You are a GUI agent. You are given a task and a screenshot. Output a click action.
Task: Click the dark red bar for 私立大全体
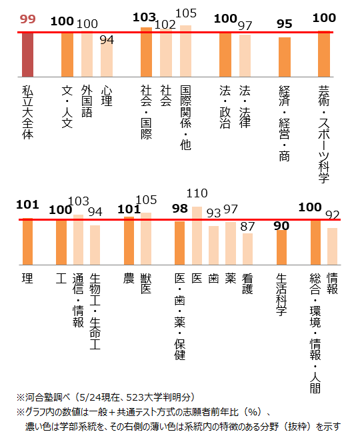[27, 55]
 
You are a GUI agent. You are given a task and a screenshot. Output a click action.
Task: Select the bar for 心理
[107, 59]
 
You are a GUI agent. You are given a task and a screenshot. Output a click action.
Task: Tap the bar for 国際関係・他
[186, 51]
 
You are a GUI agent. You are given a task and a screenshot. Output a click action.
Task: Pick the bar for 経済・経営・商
[285, 57]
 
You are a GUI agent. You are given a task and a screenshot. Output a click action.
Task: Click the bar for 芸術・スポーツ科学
[324, 54]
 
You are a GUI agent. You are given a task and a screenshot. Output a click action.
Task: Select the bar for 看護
[247, 249]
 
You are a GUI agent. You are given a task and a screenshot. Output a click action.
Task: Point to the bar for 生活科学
[282, 247]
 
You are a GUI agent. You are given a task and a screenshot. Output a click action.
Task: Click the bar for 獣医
[146, 239]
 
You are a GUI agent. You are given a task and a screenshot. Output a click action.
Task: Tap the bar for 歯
[213, 245]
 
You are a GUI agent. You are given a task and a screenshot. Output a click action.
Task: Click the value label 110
[197, 193]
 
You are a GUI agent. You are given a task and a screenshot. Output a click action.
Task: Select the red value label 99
[27, 19]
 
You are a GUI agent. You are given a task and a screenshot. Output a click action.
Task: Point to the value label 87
[247, 227]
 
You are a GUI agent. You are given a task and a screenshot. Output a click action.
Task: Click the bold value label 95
[285, 24]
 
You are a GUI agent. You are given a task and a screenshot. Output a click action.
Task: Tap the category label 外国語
[87, 101]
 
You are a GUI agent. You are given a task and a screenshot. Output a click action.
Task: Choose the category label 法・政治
[225, 107]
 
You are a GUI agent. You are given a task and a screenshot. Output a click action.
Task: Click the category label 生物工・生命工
[95, 311]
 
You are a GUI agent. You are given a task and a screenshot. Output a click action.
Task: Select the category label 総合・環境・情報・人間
[315, 333]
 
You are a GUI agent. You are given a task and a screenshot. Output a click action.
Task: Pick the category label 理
[27, 279]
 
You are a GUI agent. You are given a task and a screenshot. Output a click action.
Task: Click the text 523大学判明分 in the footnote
[158, 397]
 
